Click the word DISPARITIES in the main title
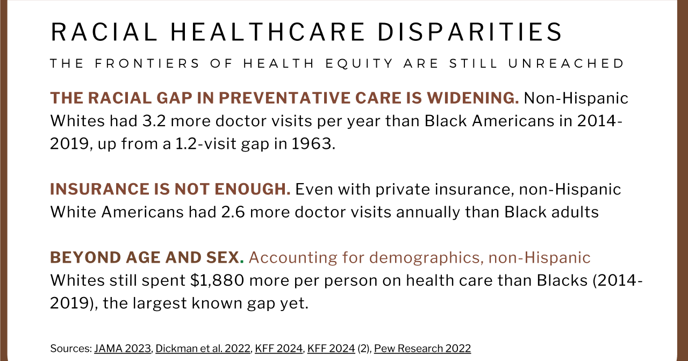pos(469,32)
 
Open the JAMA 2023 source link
pos(123,348)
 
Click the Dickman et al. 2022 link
pos(203,348)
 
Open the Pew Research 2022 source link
pos(422,348)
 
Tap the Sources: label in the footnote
pos(70,348)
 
